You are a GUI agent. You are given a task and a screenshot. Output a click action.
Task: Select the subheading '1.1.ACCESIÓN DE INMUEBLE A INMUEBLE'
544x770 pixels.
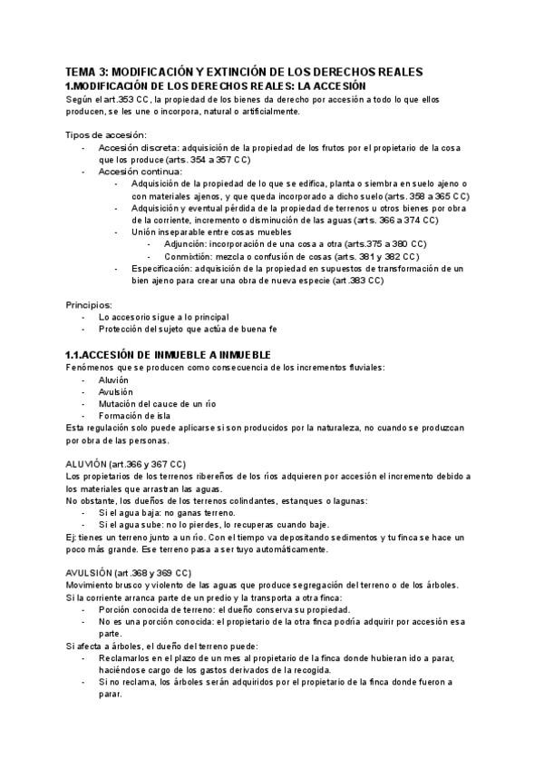pyautogui.click(x=169, y=353)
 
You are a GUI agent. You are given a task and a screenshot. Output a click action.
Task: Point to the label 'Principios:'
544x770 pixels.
pyautogui.click(x=90, y=305)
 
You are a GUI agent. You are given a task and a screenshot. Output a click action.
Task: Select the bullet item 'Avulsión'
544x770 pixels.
pyautogui.click(x=116, y=390)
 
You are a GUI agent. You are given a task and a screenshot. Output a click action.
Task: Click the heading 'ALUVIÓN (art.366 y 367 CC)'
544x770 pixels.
pyautogui.click(x=126, y=464)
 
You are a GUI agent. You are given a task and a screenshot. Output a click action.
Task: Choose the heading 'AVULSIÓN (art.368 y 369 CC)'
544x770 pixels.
pyautogui.click(x=129, y=573)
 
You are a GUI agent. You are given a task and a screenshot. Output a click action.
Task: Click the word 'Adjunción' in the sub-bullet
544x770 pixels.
pyautogui.click(x=185, y=244)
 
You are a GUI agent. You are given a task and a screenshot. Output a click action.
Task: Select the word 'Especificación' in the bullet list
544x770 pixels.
pyautogui.click(x=160, y=269)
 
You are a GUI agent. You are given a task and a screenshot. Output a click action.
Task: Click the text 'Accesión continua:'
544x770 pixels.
pyautogui.click(x=140, y=172)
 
